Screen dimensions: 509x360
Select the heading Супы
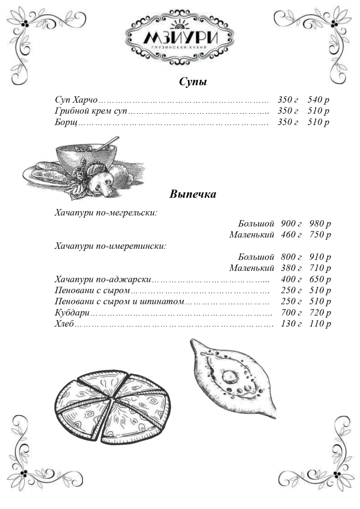coord(193,82)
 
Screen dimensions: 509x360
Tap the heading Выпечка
coord(193,194)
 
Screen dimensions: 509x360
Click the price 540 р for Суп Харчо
coord(318,100)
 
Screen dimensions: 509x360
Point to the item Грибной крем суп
coord(91,111)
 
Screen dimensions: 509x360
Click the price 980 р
coord(320,223)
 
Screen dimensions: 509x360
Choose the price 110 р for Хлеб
coord(320,324)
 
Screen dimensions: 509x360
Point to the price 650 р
coord(320,279)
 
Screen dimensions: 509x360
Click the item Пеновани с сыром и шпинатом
coord(119,302)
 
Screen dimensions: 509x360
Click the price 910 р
coord(320,257)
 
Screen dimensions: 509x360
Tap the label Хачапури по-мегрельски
coord(106,212)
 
